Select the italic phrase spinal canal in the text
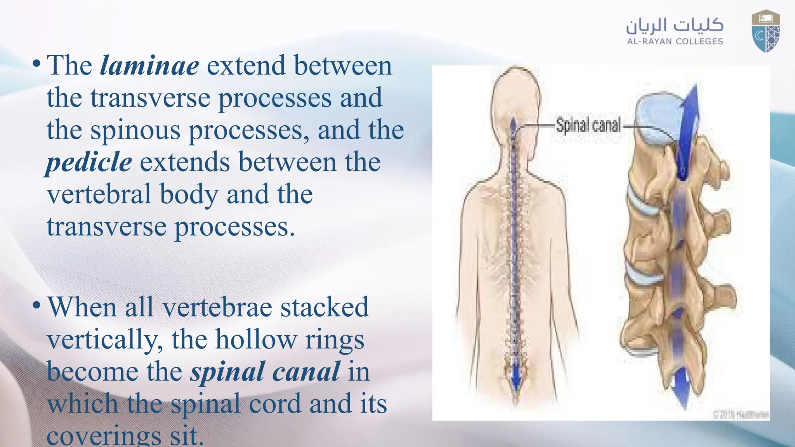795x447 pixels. tap(265, 372)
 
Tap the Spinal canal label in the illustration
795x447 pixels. tap(588, 125)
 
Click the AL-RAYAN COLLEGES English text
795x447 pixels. tap(675, 42)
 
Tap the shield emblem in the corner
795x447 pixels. tap(765, 31)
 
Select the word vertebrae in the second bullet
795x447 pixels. tap(217, 307)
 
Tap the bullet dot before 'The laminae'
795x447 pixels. tap(36, 63)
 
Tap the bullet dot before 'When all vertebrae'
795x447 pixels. tap(36, 305)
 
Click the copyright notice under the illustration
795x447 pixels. tap(741, 414)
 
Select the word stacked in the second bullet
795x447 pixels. tap(324, 307)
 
